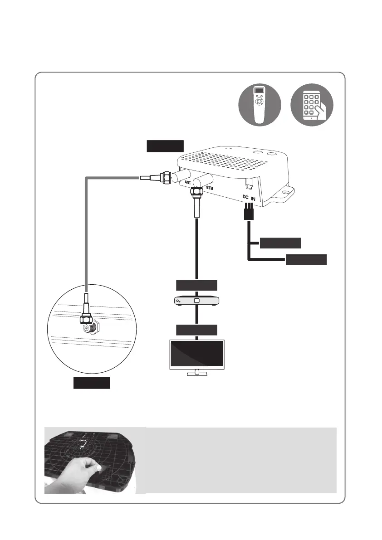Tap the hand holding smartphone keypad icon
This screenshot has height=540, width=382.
(x=311, y=105)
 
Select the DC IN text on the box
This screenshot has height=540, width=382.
(x=250, y=198)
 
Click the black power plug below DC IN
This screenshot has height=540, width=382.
(x=248, y=213)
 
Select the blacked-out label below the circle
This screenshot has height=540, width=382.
(x=92, y=383)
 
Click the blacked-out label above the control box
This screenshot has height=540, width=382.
(x=165, y=146)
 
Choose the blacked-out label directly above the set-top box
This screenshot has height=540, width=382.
(x=196, y=285)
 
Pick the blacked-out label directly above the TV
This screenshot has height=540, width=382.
(x=196, y=330)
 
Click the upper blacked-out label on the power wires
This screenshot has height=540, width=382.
(x=280, y=243)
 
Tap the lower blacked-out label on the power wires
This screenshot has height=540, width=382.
(x=306, y=259)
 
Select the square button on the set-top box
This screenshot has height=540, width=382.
(x=196, y=301)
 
